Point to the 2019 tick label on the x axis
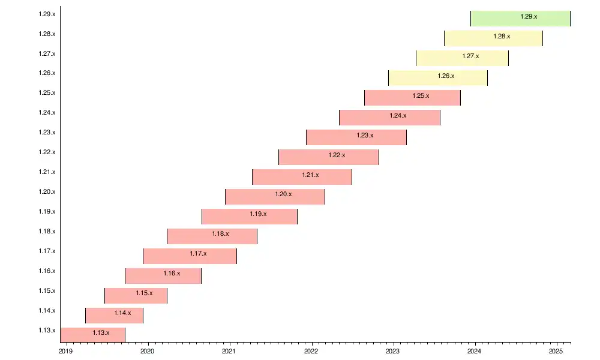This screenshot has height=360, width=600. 65,352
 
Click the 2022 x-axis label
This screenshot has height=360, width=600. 311,352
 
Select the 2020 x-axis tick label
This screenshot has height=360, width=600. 147,352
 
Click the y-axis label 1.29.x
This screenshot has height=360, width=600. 47,13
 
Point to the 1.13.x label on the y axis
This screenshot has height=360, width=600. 47,330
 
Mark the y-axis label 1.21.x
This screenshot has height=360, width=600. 47,172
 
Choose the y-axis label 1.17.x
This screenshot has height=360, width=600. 47,251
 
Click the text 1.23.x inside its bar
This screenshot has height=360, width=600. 365,136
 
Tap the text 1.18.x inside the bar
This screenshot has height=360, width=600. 220,234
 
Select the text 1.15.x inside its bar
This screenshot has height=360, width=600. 144,293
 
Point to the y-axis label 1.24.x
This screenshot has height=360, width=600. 47,112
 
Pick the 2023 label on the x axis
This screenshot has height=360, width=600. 392,352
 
